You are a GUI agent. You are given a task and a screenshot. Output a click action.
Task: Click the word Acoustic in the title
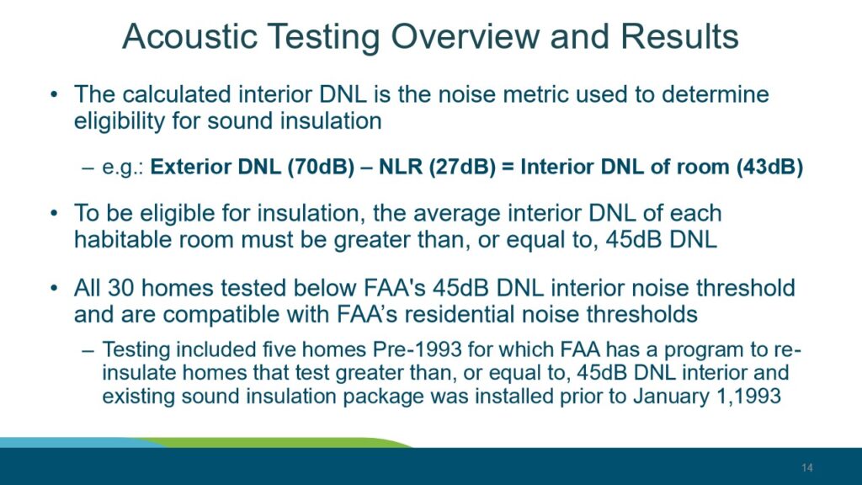tap(189, 37)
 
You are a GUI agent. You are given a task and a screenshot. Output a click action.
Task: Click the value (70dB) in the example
tap(321, 167)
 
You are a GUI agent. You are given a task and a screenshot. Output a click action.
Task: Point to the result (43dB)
tap(769, 167)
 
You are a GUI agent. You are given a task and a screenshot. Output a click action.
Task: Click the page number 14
tap(806, 467)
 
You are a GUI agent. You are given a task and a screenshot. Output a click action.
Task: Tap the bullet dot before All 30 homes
tap(53, 288)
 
